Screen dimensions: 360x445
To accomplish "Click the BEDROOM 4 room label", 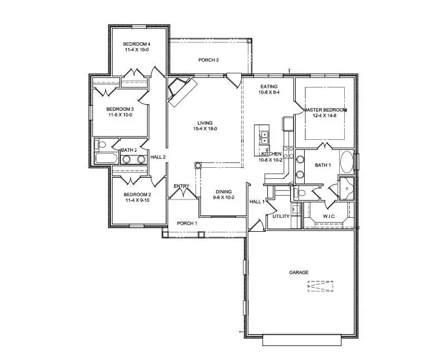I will [x=136, y=44].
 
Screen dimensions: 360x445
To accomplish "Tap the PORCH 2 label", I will [x=208, y=60].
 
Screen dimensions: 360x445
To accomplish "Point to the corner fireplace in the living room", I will [x=182, y=90].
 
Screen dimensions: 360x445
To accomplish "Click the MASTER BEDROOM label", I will [x=325, y=110].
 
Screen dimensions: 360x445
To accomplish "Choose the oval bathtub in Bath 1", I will [x=346, y=162].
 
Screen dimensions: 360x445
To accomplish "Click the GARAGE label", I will [x=299, y=273].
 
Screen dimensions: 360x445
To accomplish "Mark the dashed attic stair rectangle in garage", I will [x=320, y=287].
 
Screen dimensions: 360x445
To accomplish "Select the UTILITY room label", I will [x=280, y=216].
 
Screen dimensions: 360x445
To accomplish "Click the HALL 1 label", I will [x=256, y=202].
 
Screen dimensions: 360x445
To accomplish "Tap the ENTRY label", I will [x=182, y=186].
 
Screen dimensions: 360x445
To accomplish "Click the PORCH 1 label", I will [x=187, y=223].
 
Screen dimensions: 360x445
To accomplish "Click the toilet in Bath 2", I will [x=101, y=145].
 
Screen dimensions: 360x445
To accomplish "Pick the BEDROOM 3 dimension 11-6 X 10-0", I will [x=120, y=115].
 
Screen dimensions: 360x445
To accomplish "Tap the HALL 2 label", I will [x=158, y=157].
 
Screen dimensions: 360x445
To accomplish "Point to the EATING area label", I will [x=269, y=86].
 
